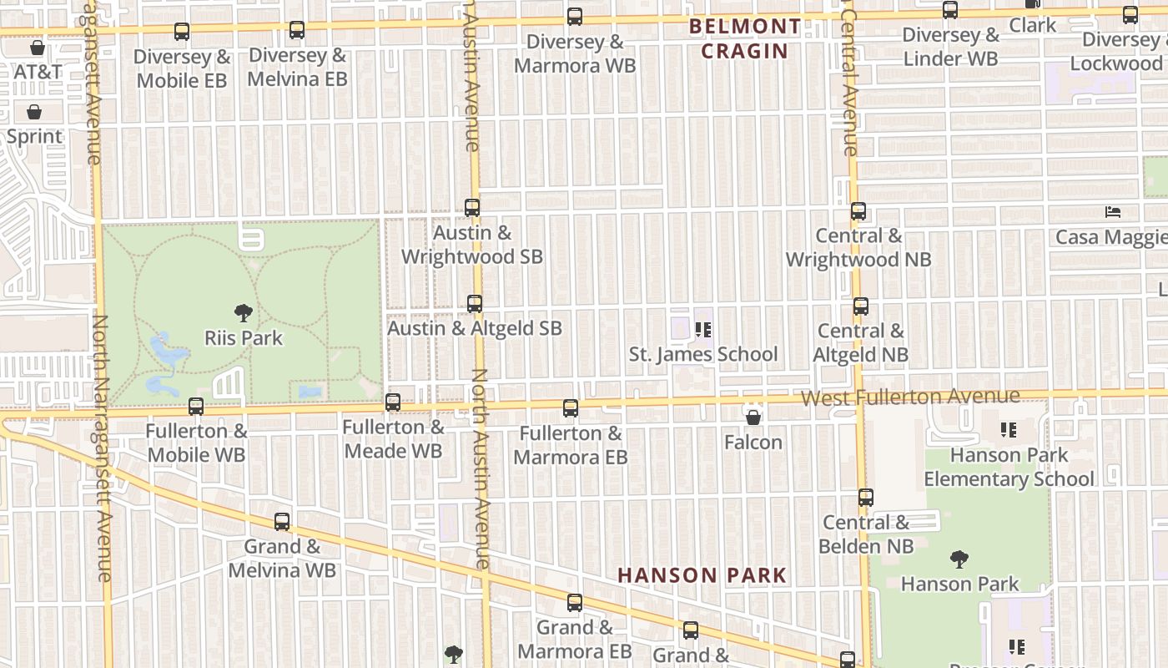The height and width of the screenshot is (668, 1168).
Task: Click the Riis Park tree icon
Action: pyautogui.click(x=244, y=314)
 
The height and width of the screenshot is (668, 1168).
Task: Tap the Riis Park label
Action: pyautogui.click(x=244, y=338)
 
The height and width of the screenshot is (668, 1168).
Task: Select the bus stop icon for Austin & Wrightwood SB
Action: pyautogui.click(x=472, y=208)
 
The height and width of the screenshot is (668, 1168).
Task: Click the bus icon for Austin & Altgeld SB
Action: pyautogui.click(x=475, y=304)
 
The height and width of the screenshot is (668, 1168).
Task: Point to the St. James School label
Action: pyautogui.click(x=703, y=354)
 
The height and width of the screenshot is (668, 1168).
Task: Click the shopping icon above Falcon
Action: pyautogui.click(x=753, y=417)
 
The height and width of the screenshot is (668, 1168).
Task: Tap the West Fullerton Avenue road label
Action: pyautogui.click(x=910, y=397)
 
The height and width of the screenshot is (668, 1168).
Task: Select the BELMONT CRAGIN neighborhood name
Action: pyautogui.click(x=745, y=38)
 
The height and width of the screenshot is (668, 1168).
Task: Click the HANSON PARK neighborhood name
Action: pyautogui.click(x=702, y=575)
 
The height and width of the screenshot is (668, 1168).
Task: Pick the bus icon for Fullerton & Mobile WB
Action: pyautogui.click(x=196, y=407)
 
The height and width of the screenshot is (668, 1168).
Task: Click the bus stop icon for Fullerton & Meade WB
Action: pyautogui.click(x=393, y=402)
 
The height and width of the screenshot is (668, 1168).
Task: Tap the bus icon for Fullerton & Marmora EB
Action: pyautogui.click(x=571, y=408)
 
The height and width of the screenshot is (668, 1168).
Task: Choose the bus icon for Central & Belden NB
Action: pyautogui.click(x=866, y=498)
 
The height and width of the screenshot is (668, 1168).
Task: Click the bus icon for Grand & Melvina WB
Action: pyautogui.click(x=282, y=522)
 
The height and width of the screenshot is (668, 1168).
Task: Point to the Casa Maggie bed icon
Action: pyautogui.click(x=1113, y=212)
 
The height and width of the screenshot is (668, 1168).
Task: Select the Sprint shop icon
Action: pyautogui.click(x=35, y=112)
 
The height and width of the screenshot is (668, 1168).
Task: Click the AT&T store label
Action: pyautogui.click(x=38, y=72)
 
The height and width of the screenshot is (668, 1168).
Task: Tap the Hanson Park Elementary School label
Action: pyautogui.click(x=1009, y=467)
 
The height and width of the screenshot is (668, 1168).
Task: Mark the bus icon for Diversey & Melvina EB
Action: pyautogui.click(x=297, y=30)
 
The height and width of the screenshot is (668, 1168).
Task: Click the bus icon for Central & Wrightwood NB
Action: pyautogui.click(x=858, y=211)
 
